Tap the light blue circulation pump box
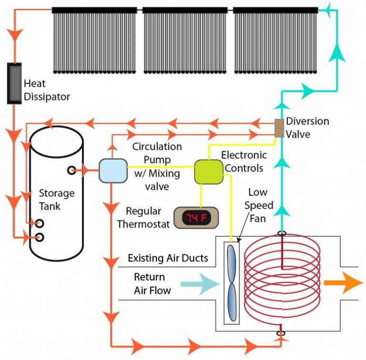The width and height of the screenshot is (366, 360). (x=112, y=170)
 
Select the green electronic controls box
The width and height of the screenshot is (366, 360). (x=209, y=172)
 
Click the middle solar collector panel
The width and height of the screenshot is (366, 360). (x=184, y=40)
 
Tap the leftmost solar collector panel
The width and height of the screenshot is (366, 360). (x=94, y=40)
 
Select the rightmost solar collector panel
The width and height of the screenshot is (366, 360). (x=275, y=40)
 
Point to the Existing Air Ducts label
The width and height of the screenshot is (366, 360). (x=168, y=258)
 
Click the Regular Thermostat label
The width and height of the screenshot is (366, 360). (x=143, y=217)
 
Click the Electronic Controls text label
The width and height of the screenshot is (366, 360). (x=243, y=162)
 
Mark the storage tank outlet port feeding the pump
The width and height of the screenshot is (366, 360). (x=72, y=169)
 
